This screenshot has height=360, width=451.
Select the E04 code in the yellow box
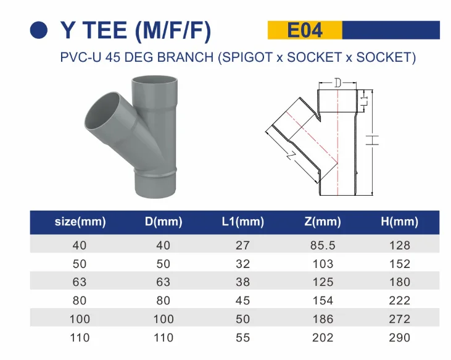pos(304,30)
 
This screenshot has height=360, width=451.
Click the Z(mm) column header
pos(323,222)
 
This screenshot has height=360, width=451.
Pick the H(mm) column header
pos(399,222)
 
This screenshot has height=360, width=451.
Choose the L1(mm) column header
pos(242,222)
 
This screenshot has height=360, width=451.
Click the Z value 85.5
pos(323,245)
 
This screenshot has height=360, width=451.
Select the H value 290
pos(400,338)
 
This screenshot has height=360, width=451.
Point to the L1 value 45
pos(242,301)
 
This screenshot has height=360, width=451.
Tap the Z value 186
pos(323,319)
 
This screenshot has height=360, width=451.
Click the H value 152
pos(400,264)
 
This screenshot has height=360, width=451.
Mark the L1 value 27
pos(242,245)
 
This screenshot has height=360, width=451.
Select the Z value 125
pos(323,282)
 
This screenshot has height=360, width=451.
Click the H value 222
pos(400,301)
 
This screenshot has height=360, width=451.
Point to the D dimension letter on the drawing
pos(337,83)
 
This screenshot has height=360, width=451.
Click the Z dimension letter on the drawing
pos(290,156)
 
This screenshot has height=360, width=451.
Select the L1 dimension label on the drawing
pos(364,99)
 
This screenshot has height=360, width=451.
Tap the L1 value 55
pos(242,338)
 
